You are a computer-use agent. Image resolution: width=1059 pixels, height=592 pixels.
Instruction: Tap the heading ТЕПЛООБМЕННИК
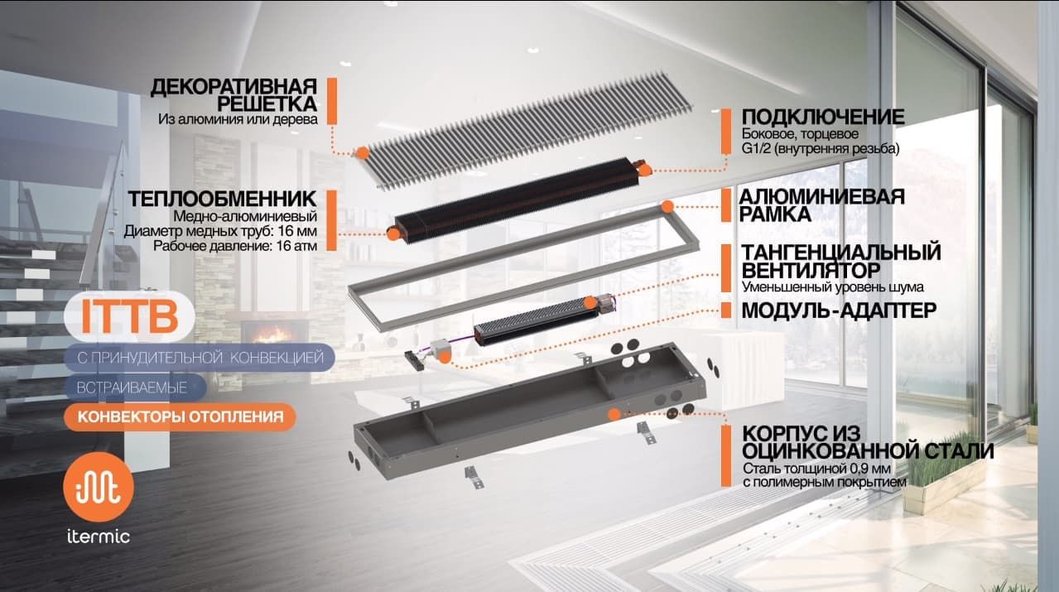(x=221, y=200)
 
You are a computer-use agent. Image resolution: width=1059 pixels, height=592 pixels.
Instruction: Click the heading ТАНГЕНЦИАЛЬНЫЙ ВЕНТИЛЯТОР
(x=840, y=261)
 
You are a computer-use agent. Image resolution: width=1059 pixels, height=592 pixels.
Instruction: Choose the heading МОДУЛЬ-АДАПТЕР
(x=839, y=310)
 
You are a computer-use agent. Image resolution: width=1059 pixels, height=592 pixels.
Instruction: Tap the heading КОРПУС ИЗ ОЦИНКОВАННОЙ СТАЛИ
(x=867, y=443)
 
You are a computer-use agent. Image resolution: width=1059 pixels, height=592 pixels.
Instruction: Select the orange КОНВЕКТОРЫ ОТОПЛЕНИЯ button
(x=179, y=416)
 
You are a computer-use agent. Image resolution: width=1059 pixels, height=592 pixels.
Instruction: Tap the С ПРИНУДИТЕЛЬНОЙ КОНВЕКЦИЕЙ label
(x=200, y=358)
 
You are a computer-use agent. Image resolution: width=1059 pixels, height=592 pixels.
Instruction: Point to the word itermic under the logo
(x=98, y=537)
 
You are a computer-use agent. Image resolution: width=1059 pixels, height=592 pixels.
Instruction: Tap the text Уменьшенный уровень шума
(x=832, y=286)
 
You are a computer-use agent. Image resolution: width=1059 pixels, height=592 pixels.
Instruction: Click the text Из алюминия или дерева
(x=238, y=119)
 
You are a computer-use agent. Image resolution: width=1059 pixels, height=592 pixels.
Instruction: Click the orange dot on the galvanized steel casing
(x=614, y=412)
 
